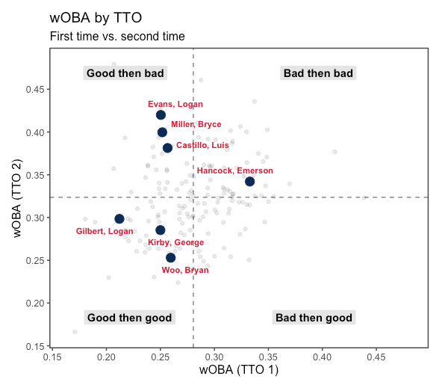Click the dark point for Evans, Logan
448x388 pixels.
(161, 115)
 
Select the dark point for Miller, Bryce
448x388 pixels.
(162, 132)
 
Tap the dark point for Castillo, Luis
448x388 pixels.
(167, 148)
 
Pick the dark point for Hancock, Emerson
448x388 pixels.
(250, 182)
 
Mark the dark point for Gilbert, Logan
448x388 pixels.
(119, 219)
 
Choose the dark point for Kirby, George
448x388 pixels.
(160, 230)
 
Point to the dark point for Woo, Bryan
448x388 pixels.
(170, 258)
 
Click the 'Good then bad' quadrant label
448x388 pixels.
(125, 73)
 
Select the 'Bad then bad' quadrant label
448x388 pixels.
(318, 73)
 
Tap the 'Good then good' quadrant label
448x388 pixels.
(130, 318)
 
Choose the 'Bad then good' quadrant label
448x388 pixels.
(314, 318)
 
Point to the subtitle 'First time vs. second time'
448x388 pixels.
(117, 36)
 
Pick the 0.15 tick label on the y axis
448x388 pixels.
(34, 346)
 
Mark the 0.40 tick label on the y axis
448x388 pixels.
(34, 132)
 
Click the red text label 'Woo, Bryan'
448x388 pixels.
(185, 271)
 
